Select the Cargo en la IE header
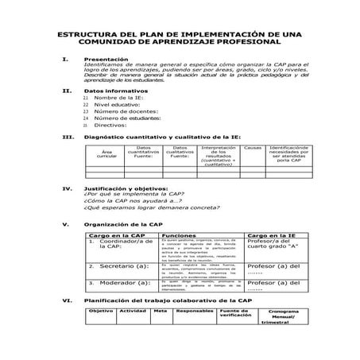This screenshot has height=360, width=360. coord(272,236)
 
